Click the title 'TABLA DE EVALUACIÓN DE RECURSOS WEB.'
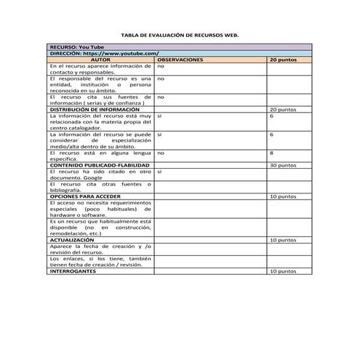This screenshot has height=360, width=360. click(179, 35)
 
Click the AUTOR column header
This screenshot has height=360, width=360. click(100, 60)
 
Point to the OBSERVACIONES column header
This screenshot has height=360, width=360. click(179, 60)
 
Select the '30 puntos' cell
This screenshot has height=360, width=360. click(283, 165)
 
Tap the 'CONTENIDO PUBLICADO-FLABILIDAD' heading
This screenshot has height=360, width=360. click(99, 165)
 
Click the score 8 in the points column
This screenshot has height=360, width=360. click(271, 153)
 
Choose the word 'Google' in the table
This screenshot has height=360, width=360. click(92, 177)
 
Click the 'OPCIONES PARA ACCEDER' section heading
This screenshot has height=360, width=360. click(84, 196)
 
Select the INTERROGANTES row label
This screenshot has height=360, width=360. click(73, 271)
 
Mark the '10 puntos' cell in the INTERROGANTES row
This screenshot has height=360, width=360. click(283, 271)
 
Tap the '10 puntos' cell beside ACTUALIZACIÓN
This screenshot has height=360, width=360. click(283, 239)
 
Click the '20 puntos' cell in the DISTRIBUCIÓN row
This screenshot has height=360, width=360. click(283, 109)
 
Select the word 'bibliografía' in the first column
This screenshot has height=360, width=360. click(65, 190)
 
